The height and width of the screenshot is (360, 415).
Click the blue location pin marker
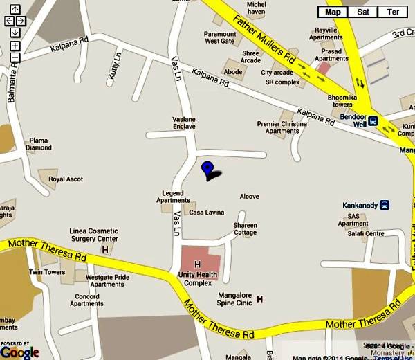pyautogui.click(x=207, y=168)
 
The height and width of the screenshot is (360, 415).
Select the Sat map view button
pyautogui.click(x=363, y=12)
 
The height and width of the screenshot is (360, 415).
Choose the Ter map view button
pyautogui.click(x=393, y=12)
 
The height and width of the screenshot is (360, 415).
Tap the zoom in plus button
pyautogui.click(x=15, y=46)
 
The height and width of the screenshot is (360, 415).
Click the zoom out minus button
pyautogui.click(x=15, y=57)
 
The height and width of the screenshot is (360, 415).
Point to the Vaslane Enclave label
pyautogui.click(x=184, y=123)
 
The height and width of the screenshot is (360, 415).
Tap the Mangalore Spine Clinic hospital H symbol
pyautogui.click(x=260, y=299)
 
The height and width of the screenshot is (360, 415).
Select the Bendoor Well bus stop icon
pyautogui.click(x=373, y=120)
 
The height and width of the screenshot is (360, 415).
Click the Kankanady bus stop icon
pyautogui.click(x=385, y=205)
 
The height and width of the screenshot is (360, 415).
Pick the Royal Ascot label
pyautogui.click(x=66, y=179)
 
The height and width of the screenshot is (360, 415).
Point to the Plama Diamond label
pyautogui.click(x=39, y=144)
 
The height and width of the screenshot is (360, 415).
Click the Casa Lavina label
pyautogui.click(x=207, y=212)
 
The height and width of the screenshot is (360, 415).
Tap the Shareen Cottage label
pyautogui.click(x=245, y=229)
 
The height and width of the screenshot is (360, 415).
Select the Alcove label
pyautogui.click(x=249, y=197)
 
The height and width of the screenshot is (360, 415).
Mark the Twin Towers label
pyautogui.click(x=47, y=273)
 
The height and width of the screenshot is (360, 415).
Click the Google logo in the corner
pyautogui.click(x=19, y=352)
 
